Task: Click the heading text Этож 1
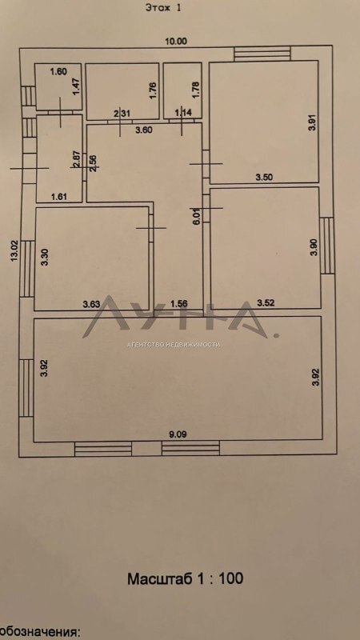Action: (163, 8)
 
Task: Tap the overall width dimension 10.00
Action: (175, 41)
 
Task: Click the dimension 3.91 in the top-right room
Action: (313, 122)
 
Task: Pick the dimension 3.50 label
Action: (264, 177)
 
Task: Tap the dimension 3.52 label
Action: (265, 303)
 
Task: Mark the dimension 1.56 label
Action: (178, 303)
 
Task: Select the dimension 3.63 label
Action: (91, 304)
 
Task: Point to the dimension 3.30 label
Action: (46, 257)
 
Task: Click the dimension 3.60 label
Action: (144, 130)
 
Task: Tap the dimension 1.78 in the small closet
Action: (195, 90)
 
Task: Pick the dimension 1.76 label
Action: (153, 90)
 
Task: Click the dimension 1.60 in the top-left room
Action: (58, 72)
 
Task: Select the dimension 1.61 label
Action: (59, 196)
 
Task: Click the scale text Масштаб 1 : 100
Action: (186, 578)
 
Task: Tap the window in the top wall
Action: (262, 54)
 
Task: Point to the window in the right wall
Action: (327, 246)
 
